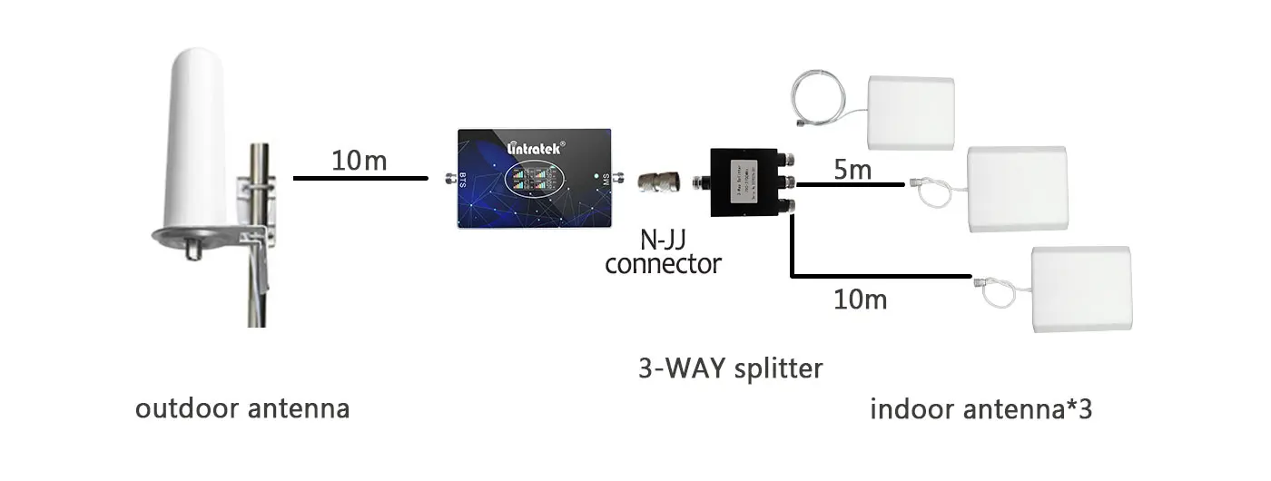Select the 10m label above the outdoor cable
tap(359, 162)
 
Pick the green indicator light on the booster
tap(595, 176)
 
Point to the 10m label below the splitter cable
tap(860, 298)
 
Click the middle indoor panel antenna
tap(1016, 188)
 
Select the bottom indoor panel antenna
tap(1081, 289)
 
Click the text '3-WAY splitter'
tap(730, 368)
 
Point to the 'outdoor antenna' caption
tap(242, 408)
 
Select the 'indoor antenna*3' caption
tap(980, 409)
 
